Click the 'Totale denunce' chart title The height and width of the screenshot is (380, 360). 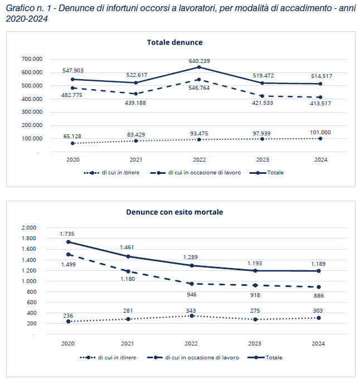click(x=175, y=42)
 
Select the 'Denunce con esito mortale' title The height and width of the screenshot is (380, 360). click(x=174, y=212)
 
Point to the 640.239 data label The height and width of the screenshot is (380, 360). click(x=200, y=61)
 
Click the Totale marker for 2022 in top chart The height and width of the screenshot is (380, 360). click(x=199, y=67)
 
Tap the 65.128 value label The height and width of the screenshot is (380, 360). click(x=72, y=136)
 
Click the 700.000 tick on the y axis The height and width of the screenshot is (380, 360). click(x=32, y=59)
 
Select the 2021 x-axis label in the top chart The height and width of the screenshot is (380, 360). click(x=136, y=160)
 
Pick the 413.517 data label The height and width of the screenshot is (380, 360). click(x=320, y=104)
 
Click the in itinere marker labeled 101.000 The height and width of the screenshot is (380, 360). click(x=320, y=139)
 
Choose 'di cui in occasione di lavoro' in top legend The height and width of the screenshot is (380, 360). click(x=196, y=173)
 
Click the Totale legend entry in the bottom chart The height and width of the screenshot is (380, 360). click(x=265, y=358)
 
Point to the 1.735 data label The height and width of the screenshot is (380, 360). click(x=67, y=234)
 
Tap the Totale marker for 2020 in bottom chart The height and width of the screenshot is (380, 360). click(x=69, y=242)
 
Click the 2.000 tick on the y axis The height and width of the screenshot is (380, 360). click(x=29, y=227)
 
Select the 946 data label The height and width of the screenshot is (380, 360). click(x=192, y=295)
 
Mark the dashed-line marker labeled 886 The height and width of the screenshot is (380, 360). click(x=319, y=287)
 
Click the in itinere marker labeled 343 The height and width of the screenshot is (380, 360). click(x=192, y=316)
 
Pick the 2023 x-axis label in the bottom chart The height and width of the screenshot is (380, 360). click(x=255, y=344)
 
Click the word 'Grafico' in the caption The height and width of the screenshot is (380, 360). click(x=20, y=8)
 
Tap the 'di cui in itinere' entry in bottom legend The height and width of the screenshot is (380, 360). click(x=108, y=358)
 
